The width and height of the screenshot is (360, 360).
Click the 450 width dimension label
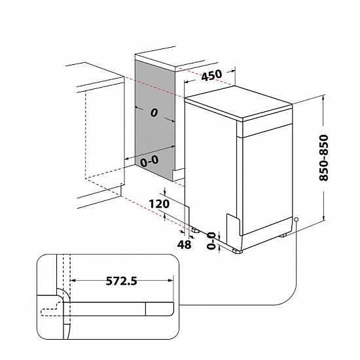[x=211, y=75]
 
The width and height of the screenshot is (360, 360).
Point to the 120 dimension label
[x=160, y=204]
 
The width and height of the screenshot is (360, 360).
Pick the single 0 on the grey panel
[x=154, y=113]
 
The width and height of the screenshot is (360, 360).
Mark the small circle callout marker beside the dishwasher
[x=297, y=219]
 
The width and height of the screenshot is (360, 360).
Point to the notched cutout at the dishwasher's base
[x=233, y=223]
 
